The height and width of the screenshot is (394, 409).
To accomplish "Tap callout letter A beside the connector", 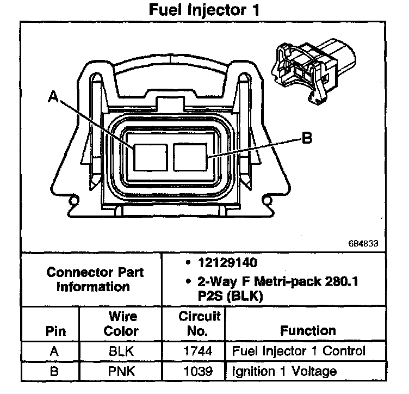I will tap(53, 96).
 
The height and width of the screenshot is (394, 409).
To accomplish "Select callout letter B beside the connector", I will tap(307, 139).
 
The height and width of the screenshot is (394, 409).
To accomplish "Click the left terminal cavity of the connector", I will tap(150, 156).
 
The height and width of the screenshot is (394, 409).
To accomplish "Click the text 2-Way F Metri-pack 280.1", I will tap(271, 282).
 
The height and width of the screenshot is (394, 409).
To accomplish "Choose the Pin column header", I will tap(54, 330).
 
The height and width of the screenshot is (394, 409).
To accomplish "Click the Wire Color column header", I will tap(122, 323).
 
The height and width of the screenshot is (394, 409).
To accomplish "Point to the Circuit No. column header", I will tap(200, 323).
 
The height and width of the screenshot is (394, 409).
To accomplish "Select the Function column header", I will tap(308, 330).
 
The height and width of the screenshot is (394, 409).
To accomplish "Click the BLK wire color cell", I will tap(122, 352).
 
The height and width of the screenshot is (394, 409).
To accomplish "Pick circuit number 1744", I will tap(200, 352).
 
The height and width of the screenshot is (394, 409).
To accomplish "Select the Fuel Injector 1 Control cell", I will tap(299, 352).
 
